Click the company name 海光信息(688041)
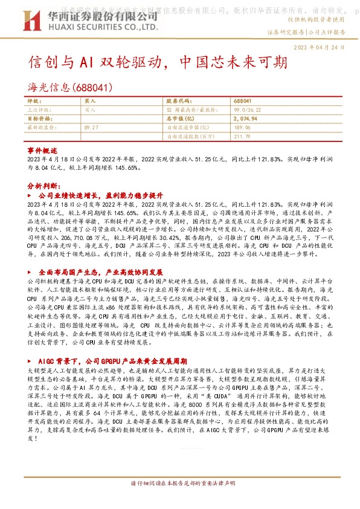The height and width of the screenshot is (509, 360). pos(70,88)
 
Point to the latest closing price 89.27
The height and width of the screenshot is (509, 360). pos(92,128)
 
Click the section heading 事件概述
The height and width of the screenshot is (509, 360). pos(42,149)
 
